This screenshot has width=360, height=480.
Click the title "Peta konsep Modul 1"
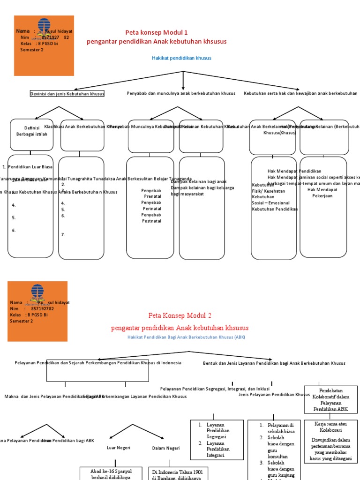(157, 32)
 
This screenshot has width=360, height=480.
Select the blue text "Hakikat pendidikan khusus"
(181, 58)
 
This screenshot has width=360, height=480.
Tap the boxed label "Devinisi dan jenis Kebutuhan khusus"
(67, 94)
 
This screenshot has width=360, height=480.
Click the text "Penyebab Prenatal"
(151, 194)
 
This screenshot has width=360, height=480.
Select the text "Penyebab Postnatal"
(151, 218)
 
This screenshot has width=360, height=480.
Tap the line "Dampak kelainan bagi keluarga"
(202, 187)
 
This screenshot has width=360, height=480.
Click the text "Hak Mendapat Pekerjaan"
(322, 193)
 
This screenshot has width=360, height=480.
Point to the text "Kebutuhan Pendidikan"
(275, 209)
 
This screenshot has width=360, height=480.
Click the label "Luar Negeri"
(119, 448)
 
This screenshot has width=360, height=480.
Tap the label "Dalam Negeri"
(166, 448)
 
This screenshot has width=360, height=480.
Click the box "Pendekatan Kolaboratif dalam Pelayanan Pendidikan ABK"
(328, 400)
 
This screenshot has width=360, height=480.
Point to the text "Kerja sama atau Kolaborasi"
(328, 427)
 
